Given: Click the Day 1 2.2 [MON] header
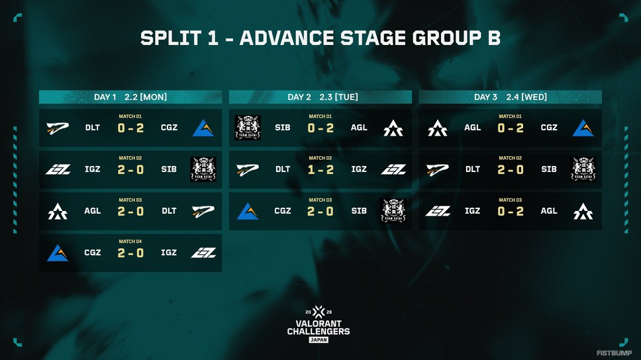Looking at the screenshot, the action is click(x=130, y=97).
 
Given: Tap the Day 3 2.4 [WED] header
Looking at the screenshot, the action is click(x=510, y=97).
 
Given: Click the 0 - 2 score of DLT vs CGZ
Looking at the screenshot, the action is click(x=130, y=128).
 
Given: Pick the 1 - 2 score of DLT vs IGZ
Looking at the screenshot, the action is click(x=320, y=169).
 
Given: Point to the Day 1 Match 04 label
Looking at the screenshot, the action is click(x=130, y=242).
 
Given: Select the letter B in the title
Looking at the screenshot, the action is click(x=494, y=38).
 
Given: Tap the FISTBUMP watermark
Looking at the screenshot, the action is click(x=614, y=353).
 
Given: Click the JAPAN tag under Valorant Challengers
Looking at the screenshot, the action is click(x=319, y=340).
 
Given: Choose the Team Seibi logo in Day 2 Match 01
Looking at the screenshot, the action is click(x=248, y=128).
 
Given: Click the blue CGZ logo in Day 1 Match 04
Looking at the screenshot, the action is click(x=58, y=253).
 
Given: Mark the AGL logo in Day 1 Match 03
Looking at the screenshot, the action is click(x=58, y=211).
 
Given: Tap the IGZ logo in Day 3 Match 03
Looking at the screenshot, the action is click(x=438, y=211).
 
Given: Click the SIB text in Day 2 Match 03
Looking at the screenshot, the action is click(x=359, y=211).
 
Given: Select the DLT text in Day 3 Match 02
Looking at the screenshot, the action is click(x=473, y=169).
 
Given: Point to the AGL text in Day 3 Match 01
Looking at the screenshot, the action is click(x=472, y=128).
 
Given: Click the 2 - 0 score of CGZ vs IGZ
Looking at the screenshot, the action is click(x=130, y=253).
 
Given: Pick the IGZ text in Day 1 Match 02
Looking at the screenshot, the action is click(x=93, y=169).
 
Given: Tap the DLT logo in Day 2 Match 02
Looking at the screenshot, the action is click(x=248, y=169).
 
